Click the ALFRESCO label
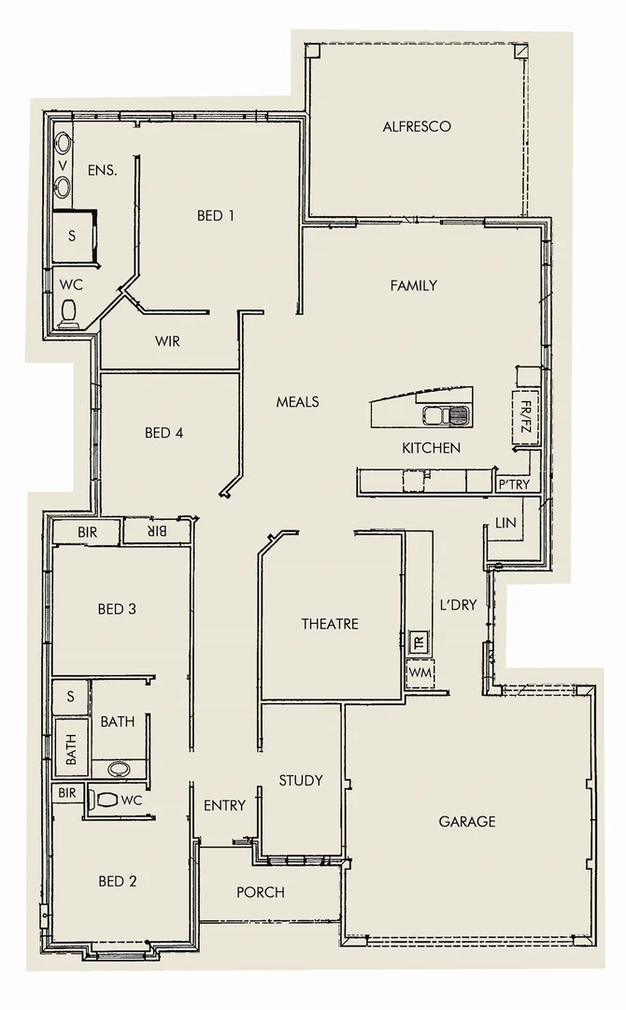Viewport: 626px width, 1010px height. pos(417,126)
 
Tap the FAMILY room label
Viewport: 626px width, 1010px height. pos(413,285)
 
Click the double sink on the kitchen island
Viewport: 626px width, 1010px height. pos(446,414)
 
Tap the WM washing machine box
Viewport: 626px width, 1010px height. pos(419,673)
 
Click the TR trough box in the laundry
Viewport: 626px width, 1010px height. pos(419,643)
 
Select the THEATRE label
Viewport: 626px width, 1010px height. pos(329,624)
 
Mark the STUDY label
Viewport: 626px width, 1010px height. pos(301,780)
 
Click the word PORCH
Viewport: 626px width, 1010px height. pos(260,892)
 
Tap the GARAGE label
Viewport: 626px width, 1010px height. pos(467,821)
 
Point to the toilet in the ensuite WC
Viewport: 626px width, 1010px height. pos(69,311)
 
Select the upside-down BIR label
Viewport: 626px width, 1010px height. pos(156,531)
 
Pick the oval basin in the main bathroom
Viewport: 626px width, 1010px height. pos(120,769)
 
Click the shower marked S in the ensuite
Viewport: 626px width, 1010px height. pos(72,236)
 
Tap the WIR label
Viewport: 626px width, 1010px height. pos(167,341)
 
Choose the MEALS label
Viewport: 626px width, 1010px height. pos(297,401)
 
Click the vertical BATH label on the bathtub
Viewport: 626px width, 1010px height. pos(71,747)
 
